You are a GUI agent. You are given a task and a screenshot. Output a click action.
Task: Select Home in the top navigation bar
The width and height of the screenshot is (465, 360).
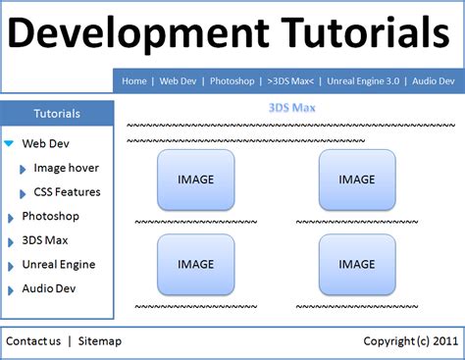coord(135,81)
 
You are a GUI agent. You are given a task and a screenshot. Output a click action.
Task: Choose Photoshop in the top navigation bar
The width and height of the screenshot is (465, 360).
coord(232,81)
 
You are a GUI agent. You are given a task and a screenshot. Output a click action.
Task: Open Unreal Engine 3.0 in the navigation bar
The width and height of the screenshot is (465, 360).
coord(364,81)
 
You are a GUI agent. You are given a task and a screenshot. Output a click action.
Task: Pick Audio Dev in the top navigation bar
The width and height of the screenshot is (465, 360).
coord(433,81)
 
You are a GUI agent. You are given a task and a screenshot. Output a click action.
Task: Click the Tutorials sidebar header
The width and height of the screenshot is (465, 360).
coord(57,113)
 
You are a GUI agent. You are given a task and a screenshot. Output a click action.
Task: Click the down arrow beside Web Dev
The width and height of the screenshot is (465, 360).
coord(9,143)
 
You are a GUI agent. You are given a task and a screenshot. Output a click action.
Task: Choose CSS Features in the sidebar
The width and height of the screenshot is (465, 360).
coord(67,192)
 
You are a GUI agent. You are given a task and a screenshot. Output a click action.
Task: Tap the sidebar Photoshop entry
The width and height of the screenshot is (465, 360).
coord(50,216)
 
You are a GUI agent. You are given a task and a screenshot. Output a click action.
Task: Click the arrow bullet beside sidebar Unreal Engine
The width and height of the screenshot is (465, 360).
coord(10,266)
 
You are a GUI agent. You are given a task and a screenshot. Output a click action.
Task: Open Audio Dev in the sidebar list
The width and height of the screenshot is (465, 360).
coord(48,288)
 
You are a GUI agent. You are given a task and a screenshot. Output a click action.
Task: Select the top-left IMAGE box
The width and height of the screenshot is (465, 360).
coord(195,180)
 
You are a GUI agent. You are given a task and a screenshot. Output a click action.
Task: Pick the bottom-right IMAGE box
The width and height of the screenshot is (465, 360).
coord(356,264)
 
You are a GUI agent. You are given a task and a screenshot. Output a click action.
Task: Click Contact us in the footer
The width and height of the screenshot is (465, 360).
coord(33,341)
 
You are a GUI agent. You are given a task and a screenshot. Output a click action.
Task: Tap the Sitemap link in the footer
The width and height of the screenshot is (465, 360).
coord(99,341)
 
